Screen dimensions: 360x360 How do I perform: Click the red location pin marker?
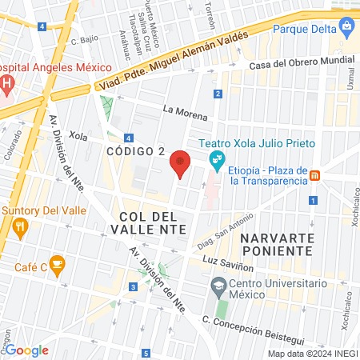181,163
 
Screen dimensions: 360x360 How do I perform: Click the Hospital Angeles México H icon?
7,83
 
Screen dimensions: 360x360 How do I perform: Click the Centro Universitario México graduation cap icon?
218,286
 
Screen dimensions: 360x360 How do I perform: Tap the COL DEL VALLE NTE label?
152,222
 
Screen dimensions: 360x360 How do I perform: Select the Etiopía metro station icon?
315,175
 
